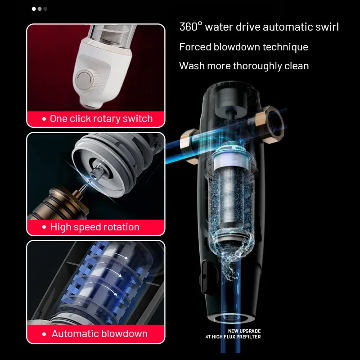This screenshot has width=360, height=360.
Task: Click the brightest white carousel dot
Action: click(34, 9)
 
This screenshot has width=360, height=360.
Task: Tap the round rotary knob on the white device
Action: click(84, 80)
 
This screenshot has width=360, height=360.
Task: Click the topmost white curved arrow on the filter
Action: click(119, 255)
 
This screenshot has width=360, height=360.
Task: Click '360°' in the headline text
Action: click(191, 27)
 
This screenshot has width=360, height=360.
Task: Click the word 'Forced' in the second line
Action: click(195, 47)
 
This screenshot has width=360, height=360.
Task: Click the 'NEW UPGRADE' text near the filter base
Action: click(244, 331)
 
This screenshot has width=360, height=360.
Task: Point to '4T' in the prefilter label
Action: click(208, 337)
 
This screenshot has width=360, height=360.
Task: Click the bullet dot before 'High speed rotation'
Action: click(44, 227)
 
